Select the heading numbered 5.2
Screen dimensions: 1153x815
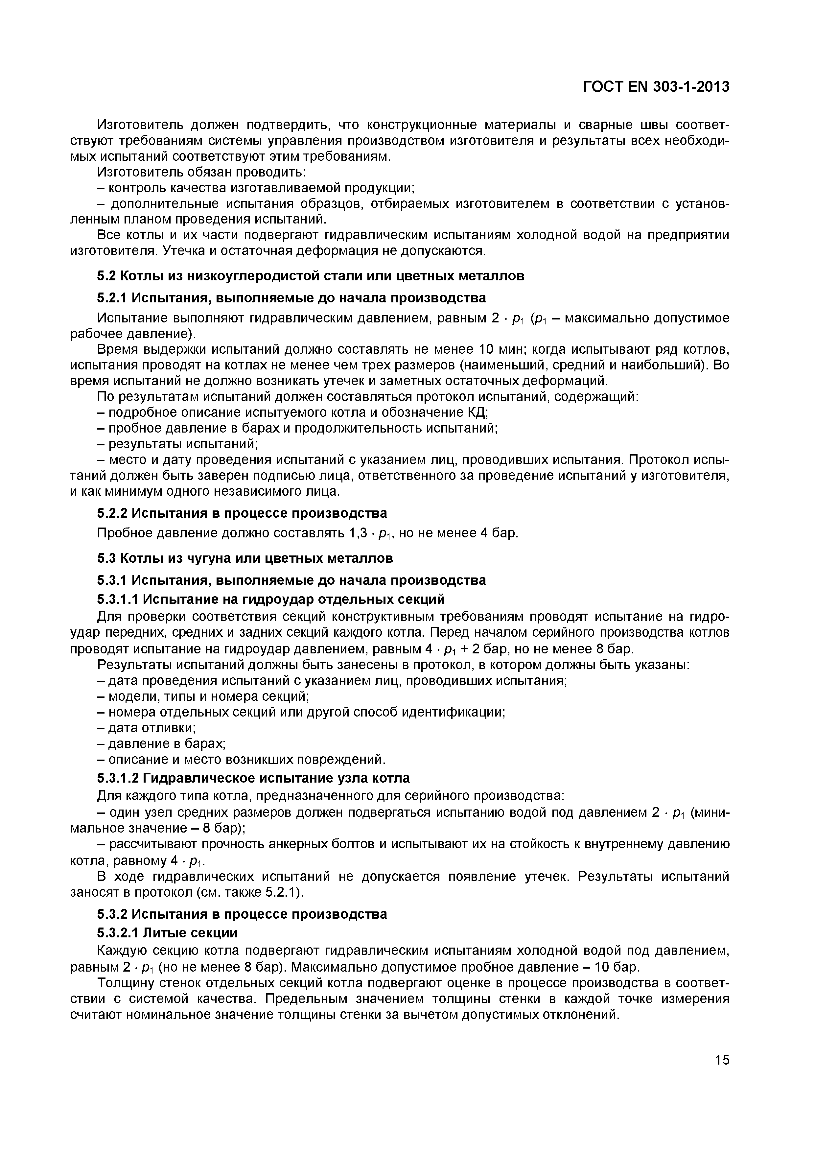pos(310,276)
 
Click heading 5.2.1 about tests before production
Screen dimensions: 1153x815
pos(291,298)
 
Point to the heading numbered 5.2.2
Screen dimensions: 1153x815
pos(242,513)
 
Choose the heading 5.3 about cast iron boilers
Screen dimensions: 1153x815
pos(244,558)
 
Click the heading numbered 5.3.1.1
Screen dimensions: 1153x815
pos(271,599)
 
